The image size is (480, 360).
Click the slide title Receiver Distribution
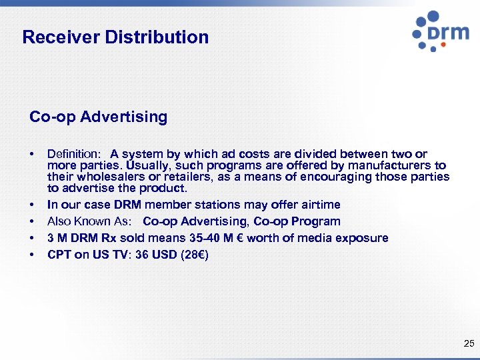click(x=115, y=37)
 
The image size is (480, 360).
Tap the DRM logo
click(x=440, y=31)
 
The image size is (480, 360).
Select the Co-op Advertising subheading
click(x=98, y=117)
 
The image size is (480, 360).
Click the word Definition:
click(x=73, y=154)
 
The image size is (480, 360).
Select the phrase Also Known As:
click(x=89, y=221)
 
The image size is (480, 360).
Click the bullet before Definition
click(x=32, y=154)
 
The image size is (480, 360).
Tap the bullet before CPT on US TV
click(x=32, y=255)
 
